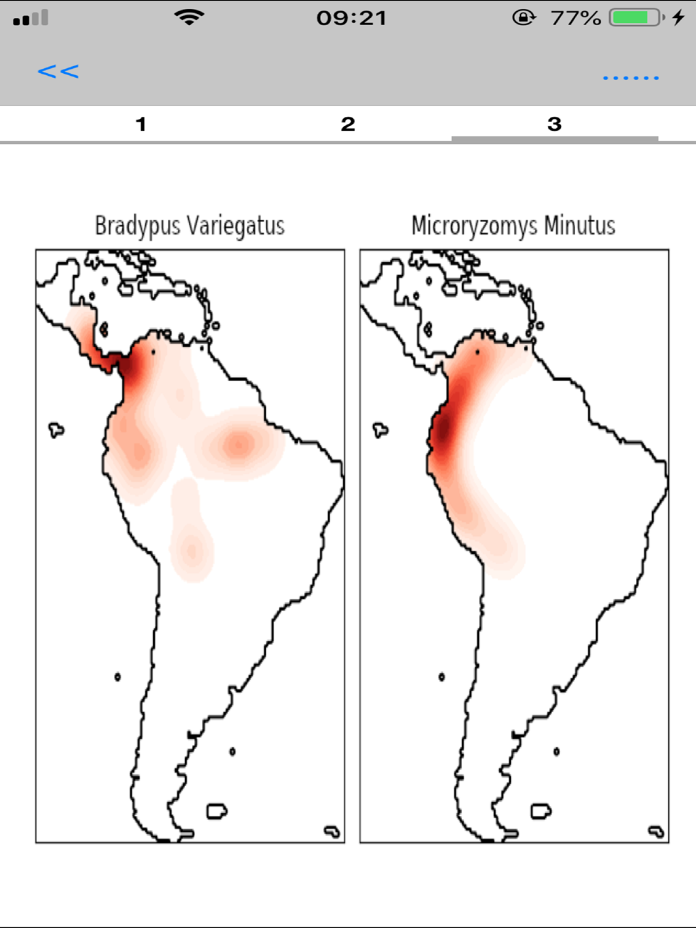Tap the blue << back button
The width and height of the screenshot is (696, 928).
[58, 71]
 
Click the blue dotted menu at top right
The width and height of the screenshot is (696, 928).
[631, 77]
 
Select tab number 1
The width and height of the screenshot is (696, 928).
[141, 125]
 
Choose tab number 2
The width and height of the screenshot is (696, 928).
[348, 125]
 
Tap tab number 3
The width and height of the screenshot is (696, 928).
[554, 125]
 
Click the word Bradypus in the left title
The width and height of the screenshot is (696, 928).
[137, 226]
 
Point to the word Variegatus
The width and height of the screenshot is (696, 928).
[236, 226]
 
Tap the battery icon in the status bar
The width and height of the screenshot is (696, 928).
[635, 17]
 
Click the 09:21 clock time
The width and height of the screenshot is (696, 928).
[351, 17]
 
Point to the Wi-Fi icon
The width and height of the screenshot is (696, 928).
[189, 17]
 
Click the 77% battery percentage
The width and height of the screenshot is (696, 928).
[575, 18]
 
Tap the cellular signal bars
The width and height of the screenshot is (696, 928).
[31, 18]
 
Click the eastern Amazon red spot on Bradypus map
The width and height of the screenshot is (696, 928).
[239, 443]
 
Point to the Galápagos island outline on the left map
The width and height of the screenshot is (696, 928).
[56, 430]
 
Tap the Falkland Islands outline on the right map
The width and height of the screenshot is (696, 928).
[540, 811]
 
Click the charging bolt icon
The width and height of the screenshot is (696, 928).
[679, 17]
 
